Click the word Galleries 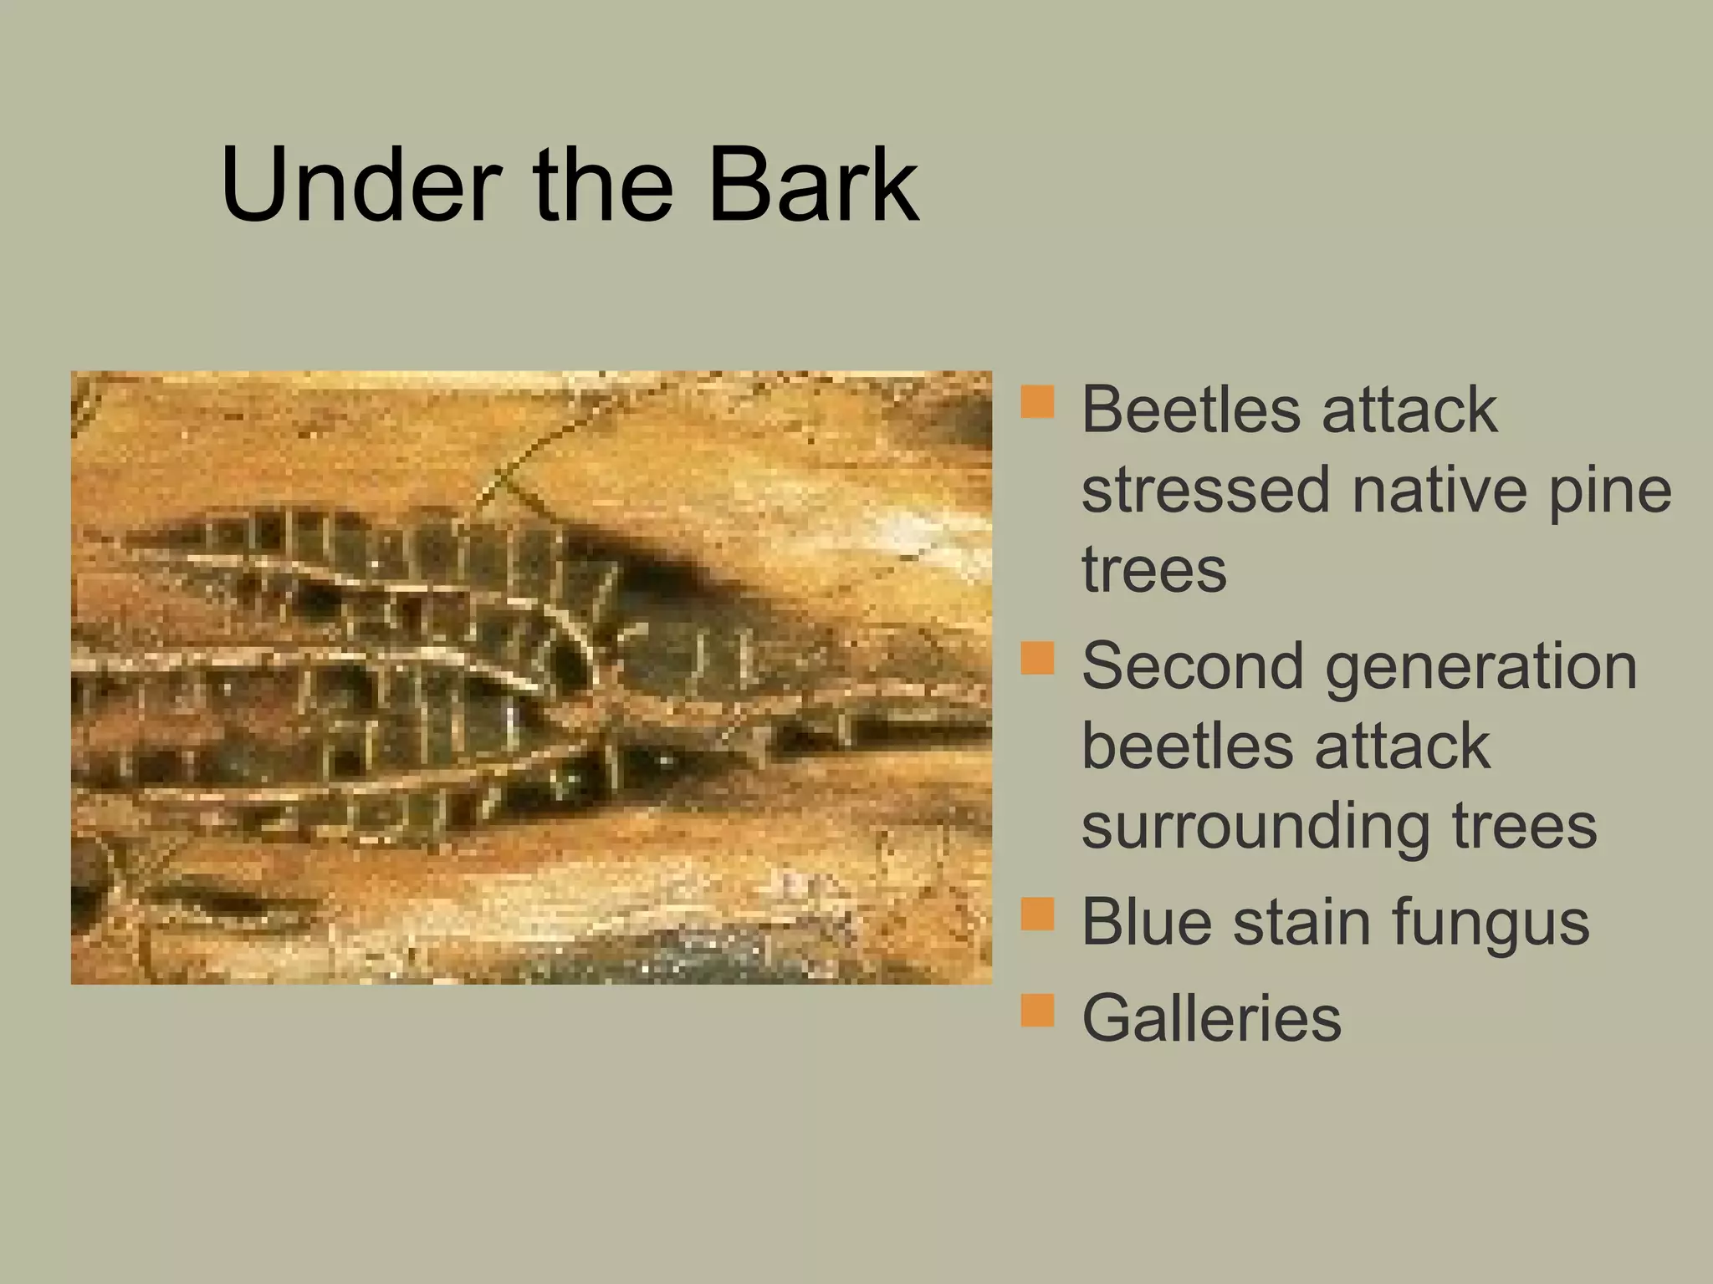coord(1211,1018)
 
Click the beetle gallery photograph coord(531,677)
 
